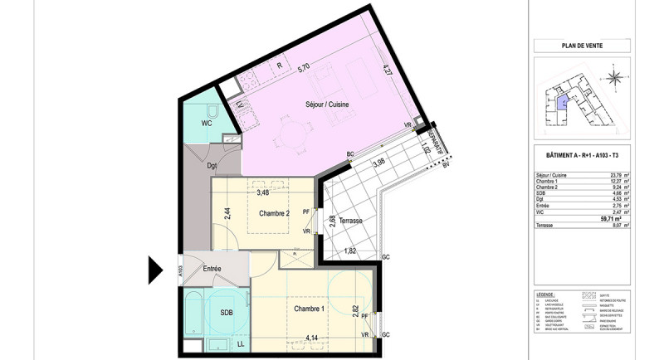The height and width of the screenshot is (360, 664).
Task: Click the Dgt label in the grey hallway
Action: click(x=189, y=165)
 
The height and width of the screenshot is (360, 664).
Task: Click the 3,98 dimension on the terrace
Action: click(x=379, y=163)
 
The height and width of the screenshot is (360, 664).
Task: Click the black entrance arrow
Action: click(x=155, y=270)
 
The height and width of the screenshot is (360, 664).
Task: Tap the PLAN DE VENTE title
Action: click(x=581, y=46)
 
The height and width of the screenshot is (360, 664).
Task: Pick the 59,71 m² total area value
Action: click(x=612, y=219)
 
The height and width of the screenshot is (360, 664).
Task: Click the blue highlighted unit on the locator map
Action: click(x=562, y=103)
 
